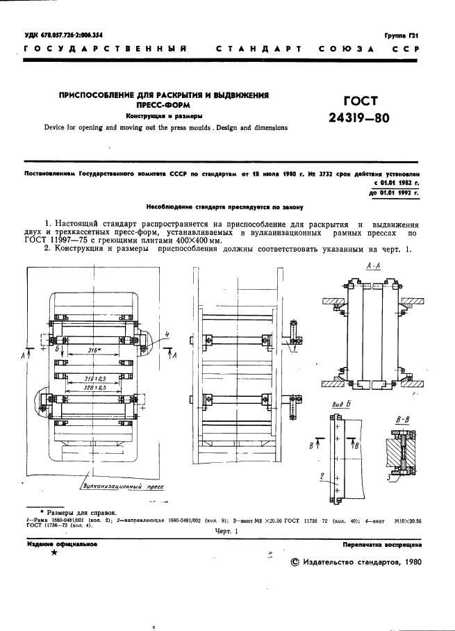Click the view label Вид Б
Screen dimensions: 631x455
coord(340,403)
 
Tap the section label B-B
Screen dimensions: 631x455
coord(401,420)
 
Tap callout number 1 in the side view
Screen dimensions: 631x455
coord(295,349)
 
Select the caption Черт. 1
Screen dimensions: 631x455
coord(226,531)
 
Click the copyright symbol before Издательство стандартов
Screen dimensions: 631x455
coord(293,564)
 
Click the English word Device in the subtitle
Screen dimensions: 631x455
coord(56,128)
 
